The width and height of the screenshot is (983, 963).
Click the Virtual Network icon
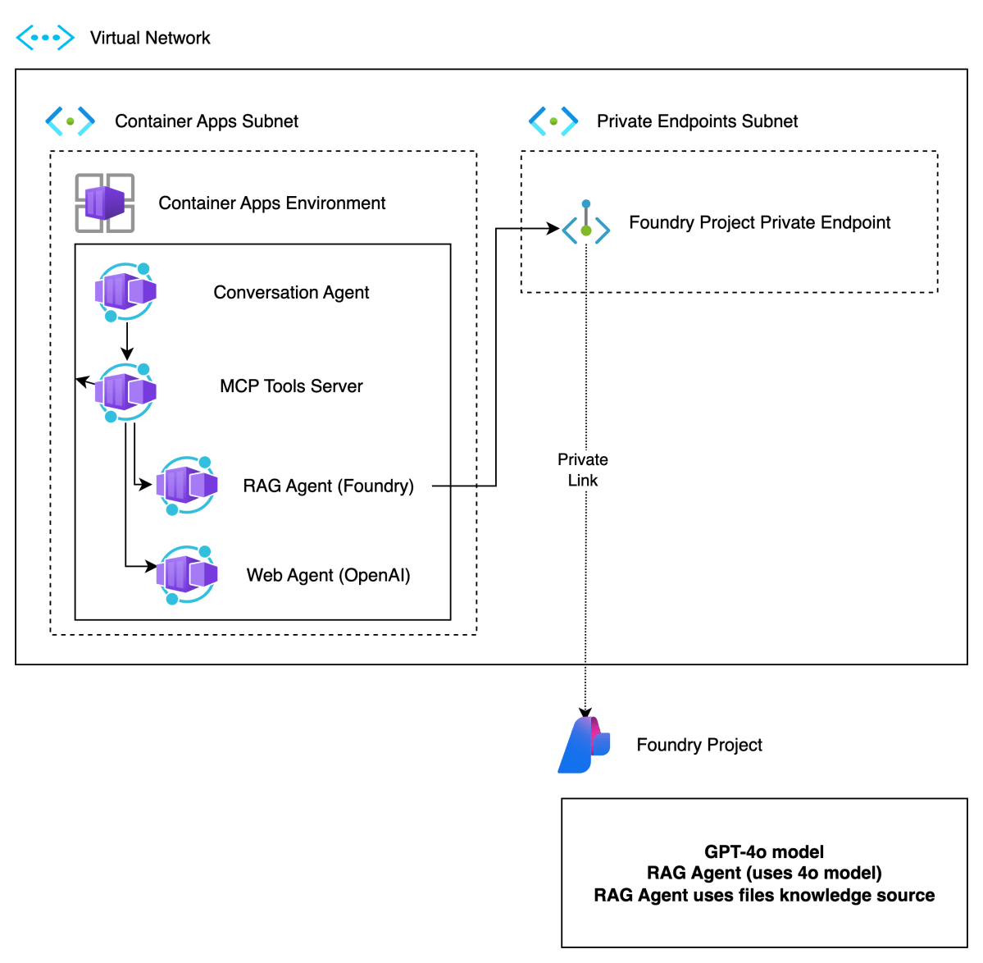coord(45,38)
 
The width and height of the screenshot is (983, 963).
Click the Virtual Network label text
coord(150,38)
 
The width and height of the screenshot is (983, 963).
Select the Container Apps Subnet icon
coord(70,121)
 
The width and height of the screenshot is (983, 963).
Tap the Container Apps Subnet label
coord(207,121)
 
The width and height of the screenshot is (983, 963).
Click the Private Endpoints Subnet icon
coord(553,121)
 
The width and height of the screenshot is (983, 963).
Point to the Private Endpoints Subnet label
coord(697,121)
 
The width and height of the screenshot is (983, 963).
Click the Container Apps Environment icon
coord(105,203)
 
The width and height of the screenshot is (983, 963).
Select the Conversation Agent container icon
coord(125,292)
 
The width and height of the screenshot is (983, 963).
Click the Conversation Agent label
coord(291,293)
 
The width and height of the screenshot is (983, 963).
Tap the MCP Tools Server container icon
coord(125,392)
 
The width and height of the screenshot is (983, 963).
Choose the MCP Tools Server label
coord(291,386)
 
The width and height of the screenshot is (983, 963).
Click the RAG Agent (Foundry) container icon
coord(187,486)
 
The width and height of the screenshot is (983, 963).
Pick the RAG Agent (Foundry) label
coord(328,486)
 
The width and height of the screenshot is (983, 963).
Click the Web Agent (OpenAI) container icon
coord(187,575)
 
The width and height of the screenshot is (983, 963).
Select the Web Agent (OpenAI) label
coord(328,576)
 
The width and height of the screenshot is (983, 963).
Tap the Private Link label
coord(583,470)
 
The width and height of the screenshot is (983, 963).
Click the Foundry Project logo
coord(584,745)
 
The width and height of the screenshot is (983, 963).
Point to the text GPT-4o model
coord(764,852)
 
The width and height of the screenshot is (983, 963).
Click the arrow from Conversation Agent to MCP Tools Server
coord(127,340)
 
